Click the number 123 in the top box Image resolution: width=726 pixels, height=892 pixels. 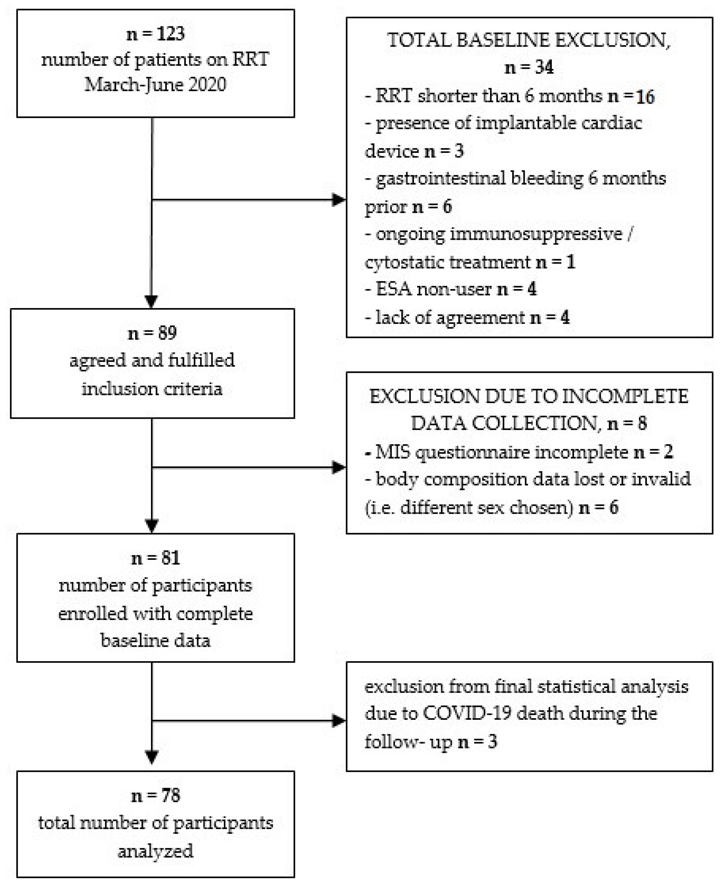tap(171, 33)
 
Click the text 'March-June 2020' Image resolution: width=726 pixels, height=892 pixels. tap(155, 85)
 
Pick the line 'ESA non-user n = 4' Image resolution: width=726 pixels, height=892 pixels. tap(451, 289)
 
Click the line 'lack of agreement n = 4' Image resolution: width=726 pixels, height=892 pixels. tap(466, 318)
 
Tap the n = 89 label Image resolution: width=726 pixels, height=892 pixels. tap(152, 333)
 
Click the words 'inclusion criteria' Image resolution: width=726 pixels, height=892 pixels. tap(152, 389)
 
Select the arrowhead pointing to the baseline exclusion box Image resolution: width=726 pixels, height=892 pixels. tap(338, 200)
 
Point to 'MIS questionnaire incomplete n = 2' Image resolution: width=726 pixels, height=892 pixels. tap(518, 452)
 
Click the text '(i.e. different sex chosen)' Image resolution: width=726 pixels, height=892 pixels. tap(468, 507)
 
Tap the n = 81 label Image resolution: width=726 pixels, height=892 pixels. tap(155, 558)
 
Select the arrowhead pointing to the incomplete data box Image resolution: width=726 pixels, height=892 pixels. tap(338, 467)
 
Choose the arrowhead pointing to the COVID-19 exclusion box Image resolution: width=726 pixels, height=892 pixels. tap(338, 721)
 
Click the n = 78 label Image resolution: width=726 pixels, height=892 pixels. tap(155, 796)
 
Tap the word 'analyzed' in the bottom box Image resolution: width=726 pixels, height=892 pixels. tap(155, 851)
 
